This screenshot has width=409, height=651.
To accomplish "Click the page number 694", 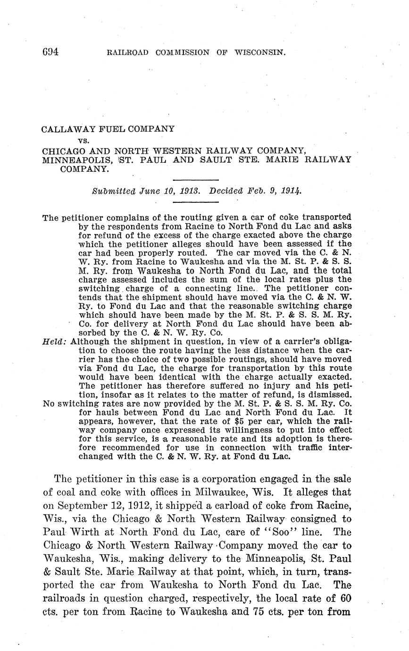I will coord(50,52).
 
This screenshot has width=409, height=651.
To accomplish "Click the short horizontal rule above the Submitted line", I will coord(196,180).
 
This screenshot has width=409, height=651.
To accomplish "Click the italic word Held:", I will coord(54,342).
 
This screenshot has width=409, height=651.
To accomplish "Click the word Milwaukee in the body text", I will coord(224,492).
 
